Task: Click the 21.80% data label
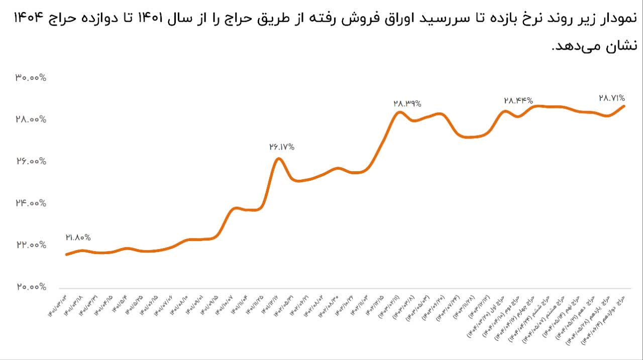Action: click(78, 237)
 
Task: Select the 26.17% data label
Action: click(282, 147)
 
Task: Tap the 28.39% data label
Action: click(407, 103)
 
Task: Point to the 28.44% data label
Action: click(518, 101)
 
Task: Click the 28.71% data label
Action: click(611, 98)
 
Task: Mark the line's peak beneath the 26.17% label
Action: click(279, 159)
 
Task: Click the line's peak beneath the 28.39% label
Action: click(399, 111)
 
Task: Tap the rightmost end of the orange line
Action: click(624, 106)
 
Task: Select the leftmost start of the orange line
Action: click(66, 255)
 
